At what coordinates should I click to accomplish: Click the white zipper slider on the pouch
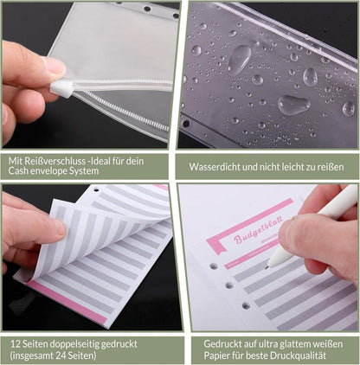point(61,89)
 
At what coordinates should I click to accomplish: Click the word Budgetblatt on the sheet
point(259,229)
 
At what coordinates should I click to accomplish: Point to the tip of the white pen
point(267,267)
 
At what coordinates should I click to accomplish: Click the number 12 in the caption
point(15,344)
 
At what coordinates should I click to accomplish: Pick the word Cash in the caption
point(18,171)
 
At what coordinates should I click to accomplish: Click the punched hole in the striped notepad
point(96,190)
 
